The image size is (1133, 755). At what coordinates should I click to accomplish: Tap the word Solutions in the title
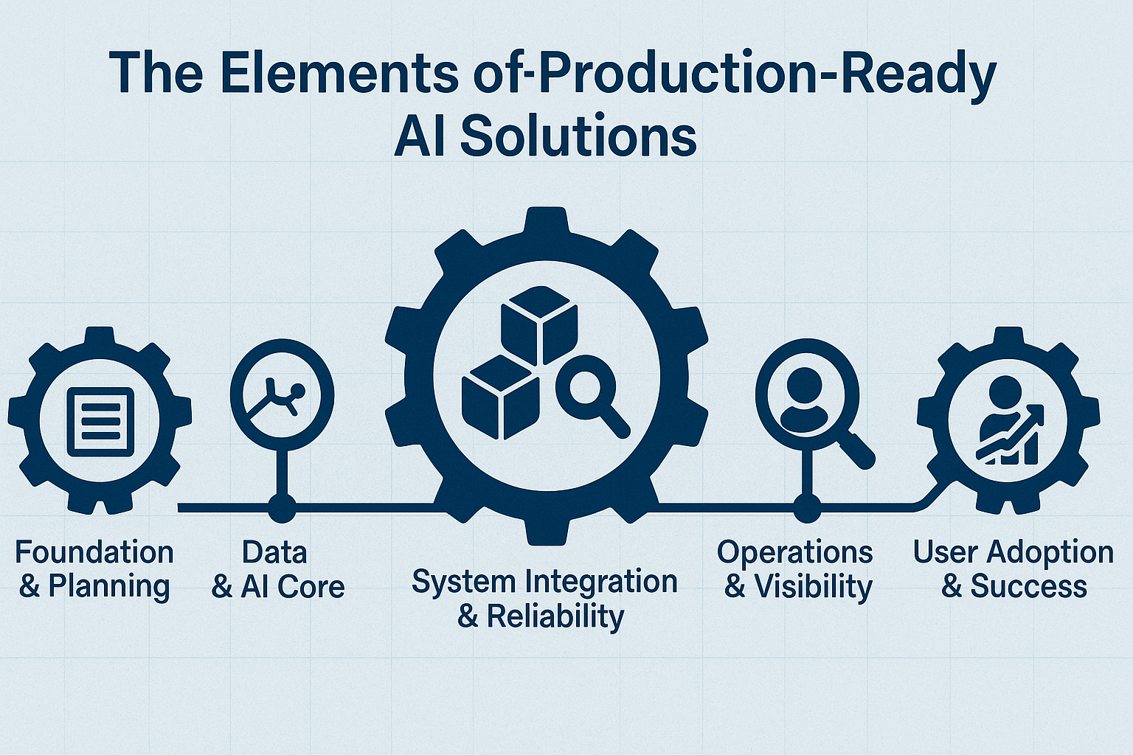pos(578,137)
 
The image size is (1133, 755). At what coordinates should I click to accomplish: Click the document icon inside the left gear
pos(100,422)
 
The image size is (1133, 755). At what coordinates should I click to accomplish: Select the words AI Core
pos(293,587)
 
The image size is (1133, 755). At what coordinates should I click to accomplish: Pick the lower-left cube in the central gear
pos(501,397)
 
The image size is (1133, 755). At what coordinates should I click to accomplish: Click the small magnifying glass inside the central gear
pos(592,400)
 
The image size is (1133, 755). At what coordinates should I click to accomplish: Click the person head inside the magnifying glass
pos(804,384)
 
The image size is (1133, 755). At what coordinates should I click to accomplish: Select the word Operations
pos(794,554)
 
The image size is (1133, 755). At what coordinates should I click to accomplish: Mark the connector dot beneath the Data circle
pos(282,507)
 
